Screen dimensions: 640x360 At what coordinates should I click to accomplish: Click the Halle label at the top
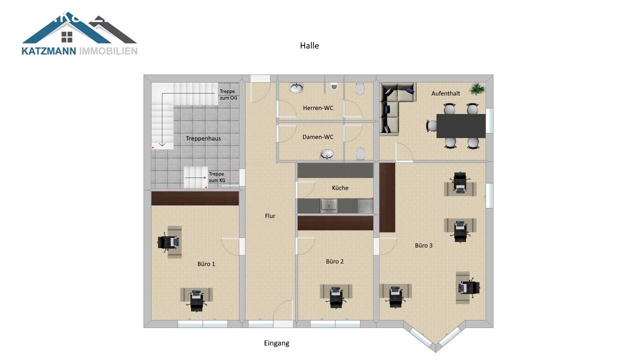309,45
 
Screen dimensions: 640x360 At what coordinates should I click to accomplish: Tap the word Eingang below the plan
276,343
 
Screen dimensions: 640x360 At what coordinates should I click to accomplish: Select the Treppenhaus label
203,138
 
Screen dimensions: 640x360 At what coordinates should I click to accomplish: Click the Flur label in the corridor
270,216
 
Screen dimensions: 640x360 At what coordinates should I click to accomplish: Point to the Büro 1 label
206,264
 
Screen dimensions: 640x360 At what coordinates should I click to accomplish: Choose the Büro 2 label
335,261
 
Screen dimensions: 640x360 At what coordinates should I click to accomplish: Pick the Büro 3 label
423,245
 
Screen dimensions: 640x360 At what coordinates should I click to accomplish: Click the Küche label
340,188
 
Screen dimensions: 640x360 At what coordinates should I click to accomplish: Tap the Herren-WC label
318,108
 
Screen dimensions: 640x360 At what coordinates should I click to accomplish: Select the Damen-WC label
317,137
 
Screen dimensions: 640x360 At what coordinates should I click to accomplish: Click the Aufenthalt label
445,93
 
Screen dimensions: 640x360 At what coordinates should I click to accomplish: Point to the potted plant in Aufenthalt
477,89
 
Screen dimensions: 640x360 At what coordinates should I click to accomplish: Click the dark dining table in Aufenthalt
461,126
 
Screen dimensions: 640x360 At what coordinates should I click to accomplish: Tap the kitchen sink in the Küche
328,205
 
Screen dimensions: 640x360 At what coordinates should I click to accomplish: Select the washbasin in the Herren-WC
296,88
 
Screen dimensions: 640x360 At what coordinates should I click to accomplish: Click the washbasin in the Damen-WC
327,154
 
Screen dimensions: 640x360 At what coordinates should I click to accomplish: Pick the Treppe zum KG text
217,177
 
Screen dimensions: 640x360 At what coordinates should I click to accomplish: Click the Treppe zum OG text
228,94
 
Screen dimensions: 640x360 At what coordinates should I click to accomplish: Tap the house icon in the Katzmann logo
67,37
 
